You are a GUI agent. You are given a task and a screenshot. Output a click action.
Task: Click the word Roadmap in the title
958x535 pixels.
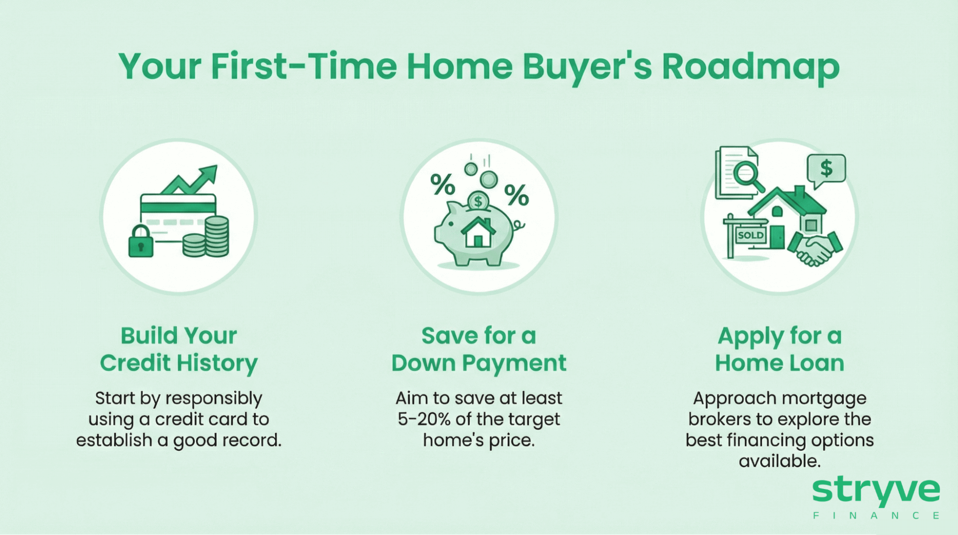coord(750,66)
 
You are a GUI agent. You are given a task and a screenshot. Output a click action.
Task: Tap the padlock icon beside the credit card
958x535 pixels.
coord(140,242)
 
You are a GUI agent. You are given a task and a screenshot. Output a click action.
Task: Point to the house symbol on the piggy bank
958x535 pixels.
coord(478,233)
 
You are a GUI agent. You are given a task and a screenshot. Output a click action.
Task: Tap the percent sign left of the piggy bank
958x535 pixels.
coord(442,185)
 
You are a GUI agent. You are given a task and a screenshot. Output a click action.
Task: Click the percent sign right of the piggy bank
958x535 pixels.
coord(516,195)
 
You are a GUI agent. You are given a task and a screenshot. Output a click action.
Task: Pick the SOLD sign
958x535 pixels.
coord(750,235)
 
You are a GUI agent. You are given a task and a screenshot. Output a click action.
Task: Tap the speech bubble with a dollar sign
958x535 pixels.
coord(826,169)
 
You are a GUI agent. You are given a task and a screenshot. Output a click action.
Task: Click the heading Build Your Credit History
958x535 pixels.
coord(179,349)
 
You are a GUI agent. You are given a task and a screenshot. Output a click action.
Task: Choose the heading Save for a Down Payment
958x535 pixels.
coord(479,349)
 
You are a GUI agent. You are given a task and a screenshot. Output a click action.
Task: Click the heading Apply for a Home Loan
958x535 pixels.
coord(779,349)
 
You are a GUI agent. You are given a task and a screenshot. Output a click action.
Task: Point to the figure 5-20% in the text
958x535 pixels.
coord(424,419)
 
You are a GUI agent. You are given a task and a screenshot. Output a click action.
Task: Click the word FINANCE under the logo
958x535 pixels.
coord(876,516)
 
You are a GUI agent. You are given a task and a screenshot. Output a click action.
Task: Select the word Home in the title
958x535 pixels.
coord(460,66)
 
